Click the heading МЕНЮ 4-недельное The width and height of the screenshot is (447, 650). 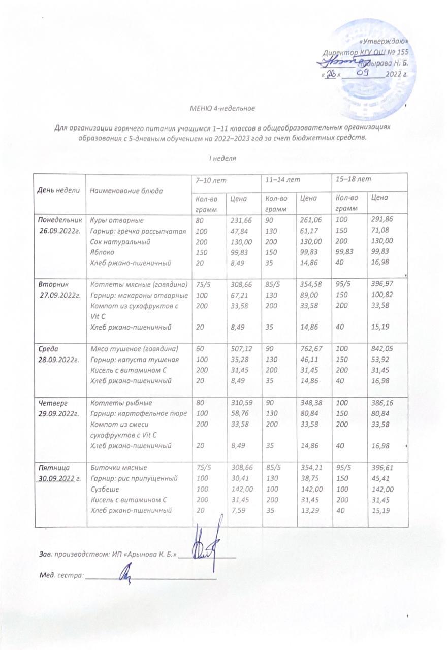pos(222,108)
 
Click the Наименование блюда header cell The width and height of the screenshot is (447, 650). pos(126,191)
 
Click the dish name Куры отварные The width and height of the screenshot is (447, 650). pos(117,221)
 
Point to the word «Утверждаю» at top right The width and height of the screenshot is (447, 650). pos(384,41)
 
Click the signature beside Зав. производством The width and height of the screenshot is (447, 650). pos(207,549)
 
